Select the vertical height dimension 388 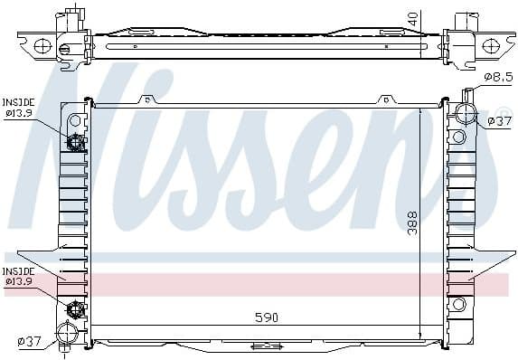pyautogui.click(x=412, y=223)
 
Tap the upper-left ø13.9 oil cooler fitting pyautogui.click(x=76, y=142)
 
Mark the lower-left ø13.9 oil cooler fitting pyautogui.click(x=76, y=309)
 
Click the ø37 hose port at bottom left pyautogui.click(x=67, y=331)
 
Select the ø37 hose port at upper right pyautogui.click(x=466, y=114)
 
